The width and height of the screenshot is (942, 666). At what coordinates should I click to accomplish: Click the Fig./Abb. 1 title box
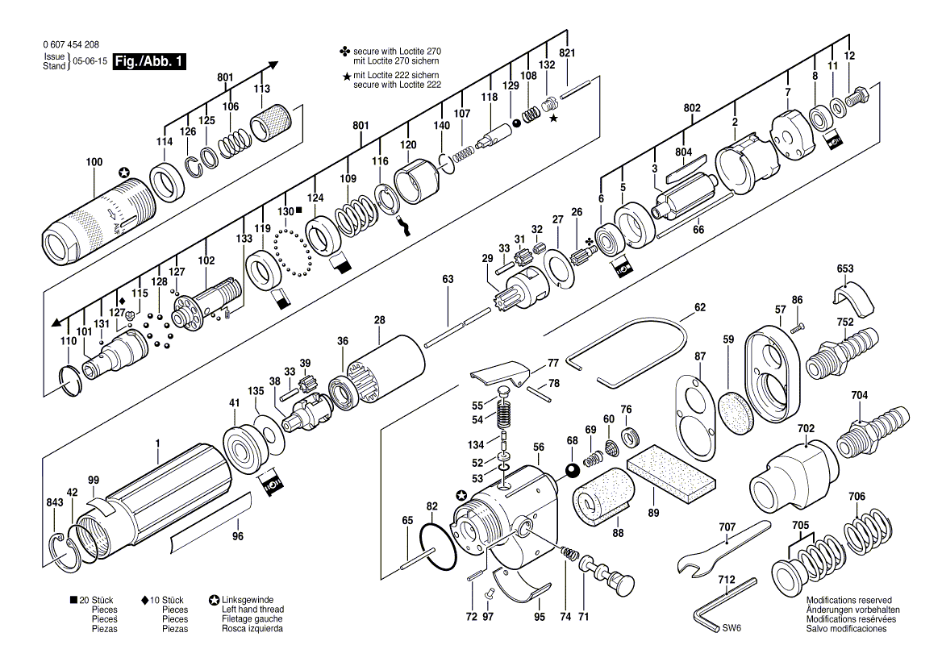(149, 62)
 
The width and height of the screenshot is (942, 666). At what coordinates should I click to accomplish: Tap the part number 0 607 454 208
(72, 44)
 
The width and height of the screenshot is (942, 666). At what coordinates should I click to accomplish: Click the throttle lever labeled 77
(499, 373)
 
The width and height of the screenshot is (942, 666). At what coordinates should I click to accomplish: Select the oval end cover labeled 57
(773, 376)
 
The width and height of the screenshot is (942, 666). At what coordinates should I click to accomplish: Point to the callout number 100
(94, 161)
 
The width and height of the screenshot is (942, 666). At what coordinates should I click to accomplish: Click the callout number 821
(567, 53)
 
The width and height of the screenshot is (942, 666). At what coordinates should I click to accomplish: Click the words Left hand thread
(253, 610)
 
